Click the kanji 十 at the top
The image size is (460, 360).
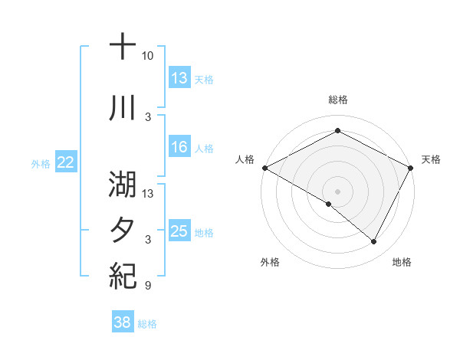click(x=123, y=47)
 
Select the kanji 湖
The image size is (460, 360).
click(x=123, y=184)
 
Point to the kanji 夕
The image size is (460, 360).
click(x=123, y=230)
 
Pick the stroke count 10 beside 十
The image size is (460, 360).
click(x=148, y=56)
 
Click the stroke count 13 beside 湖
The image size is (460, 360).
click(x=148, y=193)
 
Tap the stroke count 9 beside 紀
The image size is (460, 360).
click(x=148, y=286)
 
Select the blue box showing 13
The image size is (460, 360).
click(x=179, y=78)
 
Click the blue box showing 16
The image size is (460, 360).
click(x=179, y=148)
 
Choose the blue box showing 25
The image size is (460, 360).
click(x=179, y=231)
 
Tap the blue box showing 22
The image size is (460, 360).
click(x=65, y=162)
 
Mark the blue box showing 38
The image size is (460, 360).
click(x=122, y=323)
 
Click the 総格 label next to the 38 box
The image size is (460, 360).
click(x=147, y=324)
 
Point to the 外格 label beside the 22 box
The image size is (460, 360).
click(x=41, y=163)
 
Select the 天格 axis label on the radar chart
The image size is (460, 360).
click(x=431, y=159)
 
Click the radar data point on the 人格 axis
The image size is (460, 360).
click(x=264, y=167)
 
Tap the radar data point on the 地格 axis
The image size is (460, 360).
click(x=374, y=242)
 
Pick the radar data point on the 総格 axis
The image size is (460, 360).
click(x=337, y=131)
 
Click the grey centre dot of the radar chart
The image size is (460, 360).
click(x=337, y=190)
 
